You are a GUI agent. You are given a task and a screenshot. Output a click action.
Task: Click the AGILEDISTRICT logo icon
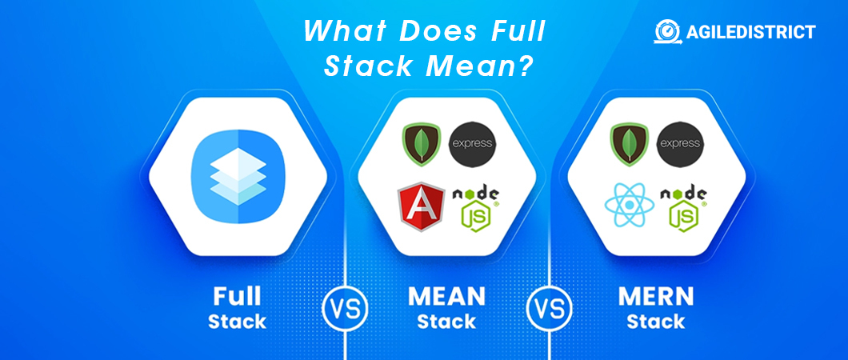[668, 31]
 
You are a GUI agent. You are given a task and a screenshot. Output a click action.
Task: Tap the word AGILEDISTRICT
[750, 32]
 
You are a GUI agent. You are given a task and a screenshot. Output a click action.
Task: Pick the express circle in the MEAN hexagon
[472, 144]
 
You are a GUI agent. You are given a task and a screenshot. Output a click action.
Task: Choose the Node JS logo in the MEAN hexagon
[475, 209]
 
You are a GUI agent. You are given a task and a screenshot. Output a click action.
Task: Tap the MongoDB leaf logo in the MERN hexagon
[629, 144]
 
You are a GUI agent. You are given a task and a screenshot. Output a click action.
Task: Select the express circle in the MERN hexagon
[680, 144]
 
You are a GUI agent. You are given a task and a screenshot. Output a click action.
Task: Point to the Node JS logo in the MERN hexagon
[683, 209]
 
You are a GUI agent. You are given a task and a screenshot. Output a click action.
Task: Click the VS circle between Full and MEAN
[345, 308]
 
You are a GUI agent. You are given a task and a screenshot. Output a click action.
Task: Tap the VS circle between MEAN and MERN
[549, 308]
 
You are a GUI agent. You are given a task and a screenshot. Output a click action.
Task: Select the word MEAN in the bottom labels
[446, 297]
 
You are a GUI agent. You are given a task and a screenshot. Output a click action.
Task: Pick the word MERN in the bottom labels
[655, 297]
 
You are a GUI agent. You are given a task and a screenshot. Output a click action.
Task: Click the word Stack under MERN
[655, 322]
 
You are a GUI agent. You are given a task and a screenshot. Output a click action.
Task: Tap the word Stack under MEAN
[446, 322]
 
